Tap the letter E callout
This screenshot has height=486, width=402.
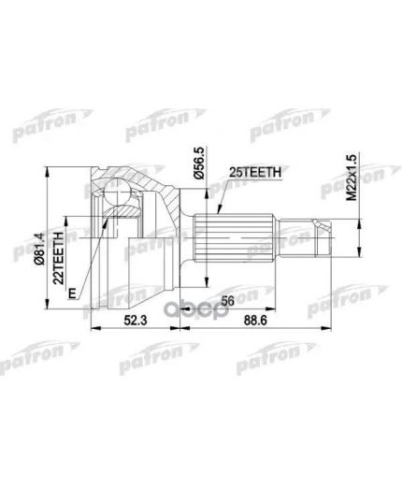pyautogui.click(x=70, y=292)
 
